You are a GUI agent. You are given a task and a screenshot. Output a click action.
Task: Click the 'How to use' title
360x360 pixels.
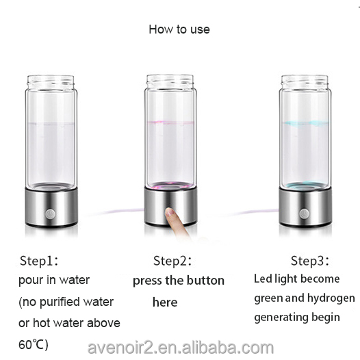tap(179, 29)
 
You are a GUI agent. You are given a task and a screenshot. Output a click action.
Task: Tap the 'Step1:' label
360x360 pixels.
tap(39, 261)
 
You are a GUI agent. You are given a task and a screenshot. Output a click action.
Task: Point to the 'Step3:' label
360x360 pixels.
tap(310, 261)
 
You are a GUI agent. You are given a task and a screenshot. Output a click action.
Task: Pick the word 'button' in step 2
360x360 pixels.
tap(205, 281)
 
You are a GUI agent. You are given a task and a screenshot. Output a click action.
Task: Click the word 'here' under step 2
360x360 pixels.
tap(165, 302)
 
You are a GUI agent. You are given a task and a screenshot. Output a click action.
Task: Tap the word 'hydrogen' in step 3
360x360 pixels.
tap(330, 298)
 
